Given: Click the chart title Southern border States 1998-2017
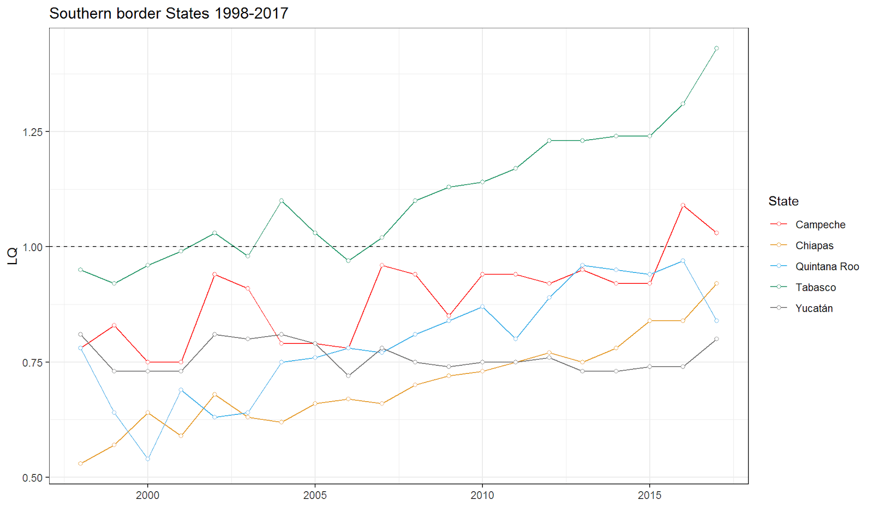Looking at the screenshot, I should click(169, 14).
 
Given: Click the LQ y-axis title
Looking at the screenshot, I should click(12, 255).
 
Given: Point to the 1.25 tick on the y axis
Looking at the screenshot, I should click(33, 132).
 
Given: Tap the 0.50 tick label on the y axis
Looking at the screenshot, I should click(33, 478).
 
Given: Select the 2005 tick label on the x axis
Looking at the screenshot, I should click(315, 495).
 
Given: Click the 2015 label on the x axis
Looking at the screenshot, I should click(649, 495).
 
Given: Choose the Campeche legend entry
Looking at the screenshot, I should click(820, 225).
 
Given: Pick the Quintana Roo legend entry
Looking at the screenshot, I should click(827, 266).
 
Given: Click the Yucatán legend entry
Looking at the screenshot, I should click(814, 308).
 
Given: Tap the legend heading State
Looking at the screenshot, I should click(783, 201).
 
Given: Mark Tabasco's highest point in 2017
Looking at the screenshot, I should click(716, 49).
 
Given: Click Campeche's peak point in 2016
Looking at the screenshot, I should click(683, 205).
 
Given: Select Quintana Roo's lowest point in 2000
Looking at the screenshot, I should click(147, 459).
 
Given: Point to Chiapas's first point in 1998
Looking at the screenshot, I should click(81, 463).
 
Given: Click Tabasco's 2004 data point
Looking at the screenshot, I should click(282, 201).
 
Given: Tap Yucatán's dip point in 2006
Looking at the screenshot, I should click(348, 376).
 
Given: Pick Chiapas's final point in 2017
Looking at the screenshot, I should click(716, 283).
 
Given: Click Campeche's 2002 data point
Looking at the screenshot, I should click(214, 274).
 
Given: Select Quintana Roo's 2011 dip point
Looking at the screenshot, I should click(516, 339).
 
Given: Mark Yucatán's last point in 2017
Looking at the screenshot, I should click(716, 339).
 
